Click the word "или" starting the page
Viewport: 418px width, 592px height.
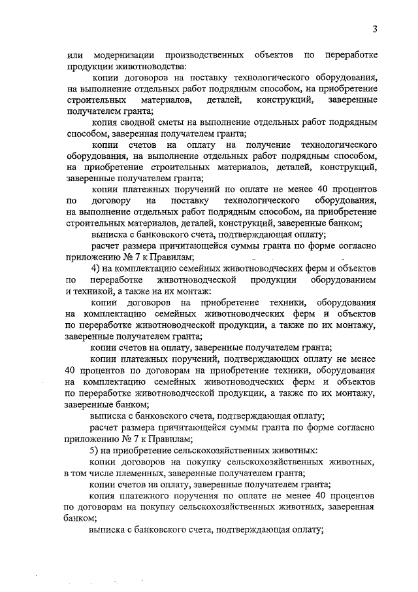point(75,53)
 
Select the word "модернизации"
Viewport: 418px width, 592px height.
point(125,53)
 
